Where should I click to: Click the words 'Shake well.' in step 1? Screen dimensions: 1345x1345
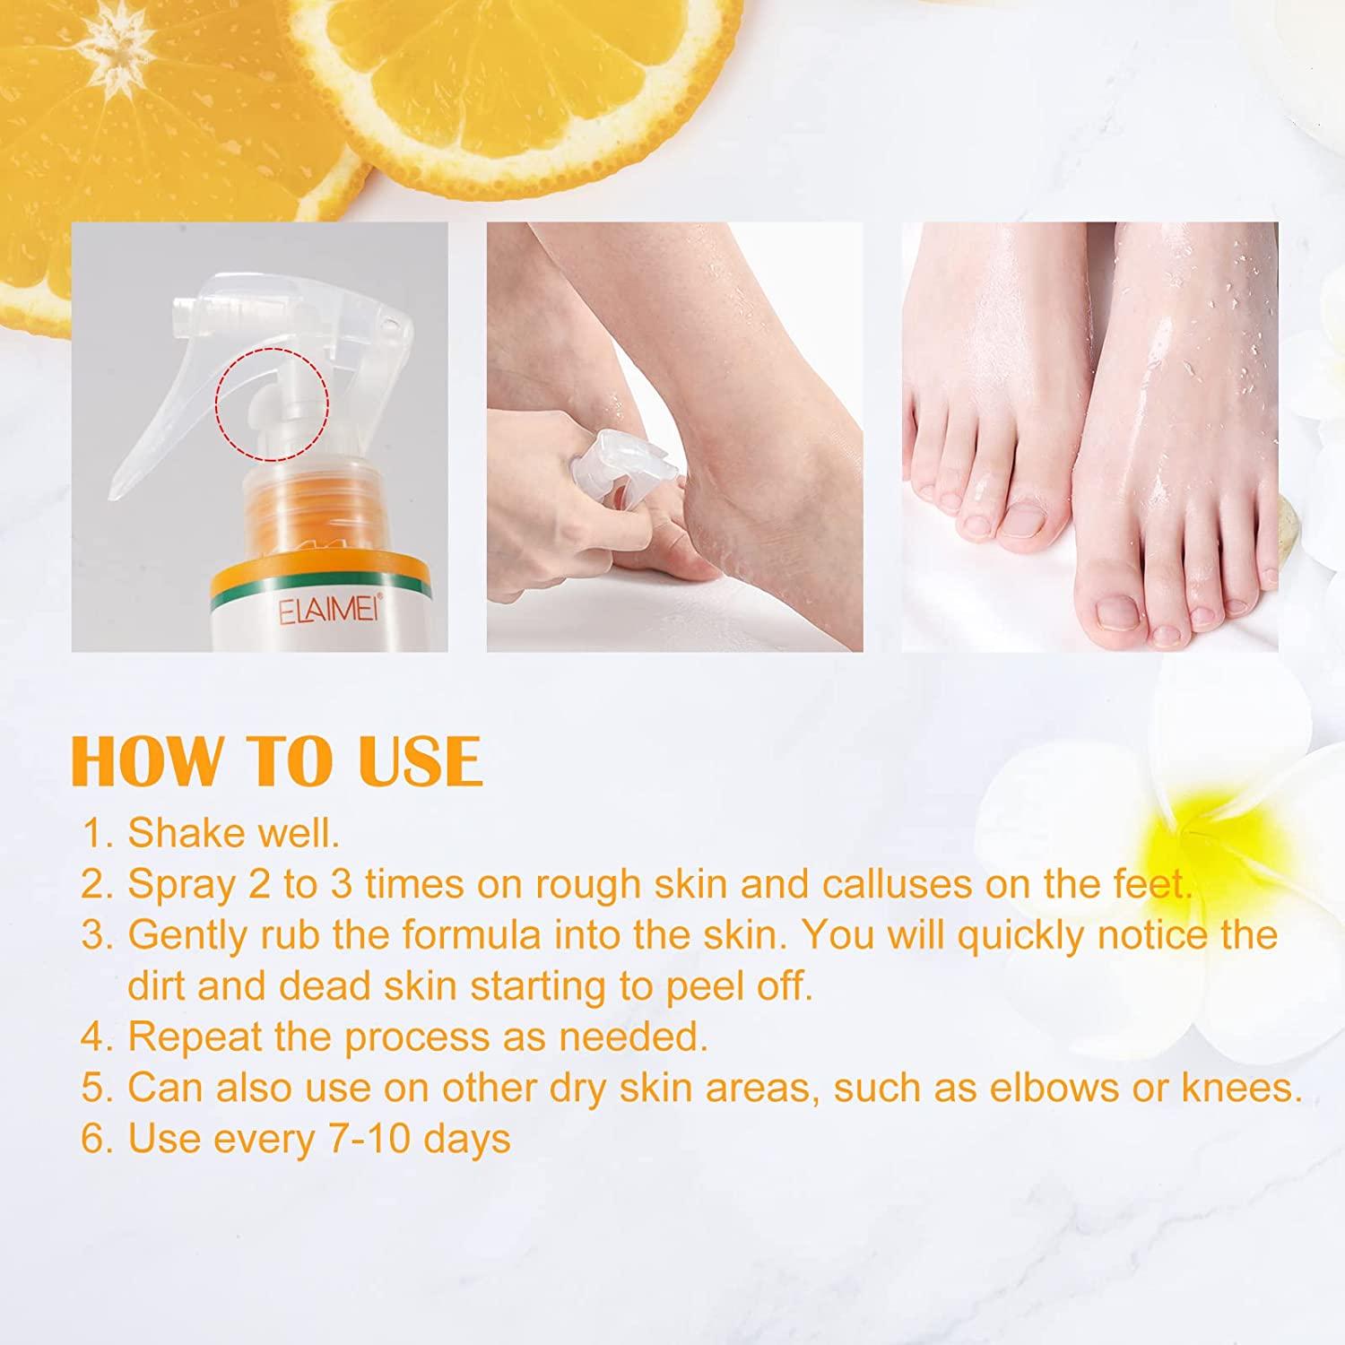click(x=234, y=833)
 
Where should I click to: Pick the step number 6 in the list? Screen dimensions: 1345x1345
click(x=92, y=1139)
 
